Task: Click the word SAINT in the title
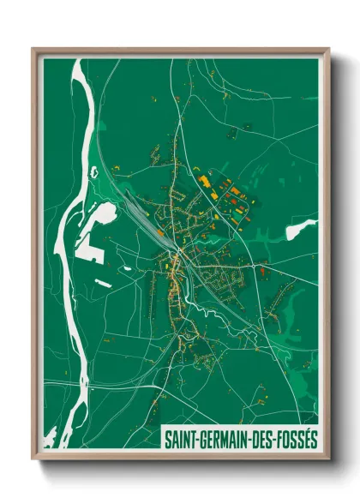coord(180,439)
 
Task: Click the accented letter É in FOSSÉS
coord(306,438)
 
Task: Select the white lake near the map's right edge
coord(299,229)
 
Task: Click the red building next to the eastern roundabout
coord(262,272)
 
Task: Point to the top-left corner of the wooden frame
coord(33,49)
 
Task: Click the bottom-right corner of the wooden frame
coord(329,460)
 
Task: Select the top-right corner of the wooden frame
coord(329,49)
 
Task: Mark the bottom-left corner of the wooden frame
coord(33,460)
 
